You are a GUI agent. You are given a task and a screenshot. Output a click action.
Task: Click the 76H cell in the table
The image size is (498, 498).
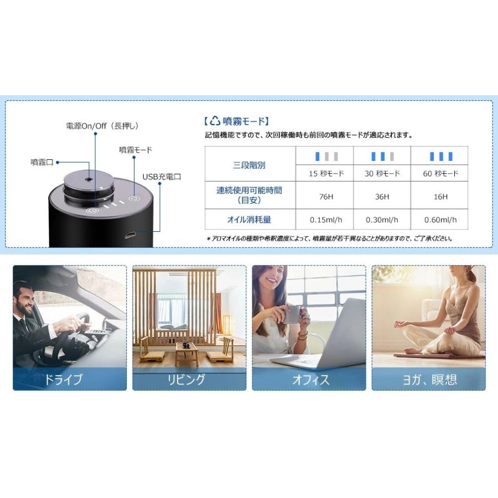pos(326,196)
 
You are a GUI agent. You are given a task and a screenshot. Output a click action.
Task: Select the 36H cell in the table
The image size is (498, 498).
pos(382,196)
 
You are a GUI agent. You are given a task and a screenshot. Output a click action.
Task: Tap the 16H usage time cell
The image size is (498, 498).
pos(440,196)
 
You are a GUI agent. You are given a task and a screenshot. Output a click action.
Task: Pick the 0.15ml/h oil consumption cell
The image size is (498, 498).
pos(326,220)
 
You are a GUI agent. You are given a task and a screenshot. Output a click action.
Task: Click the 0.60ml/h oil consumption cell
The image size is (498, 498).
pos(440,220)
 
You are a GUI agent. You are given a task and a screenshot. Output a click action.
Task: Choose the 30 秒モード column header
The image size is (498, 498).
pos(382,173)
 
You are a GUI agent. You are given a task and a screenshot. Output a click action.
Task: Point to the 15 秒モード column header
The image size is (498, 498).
pos(326,173)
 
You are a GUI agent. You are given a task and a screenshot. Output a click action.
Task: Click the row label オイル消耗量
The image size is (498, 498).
pos(249,220)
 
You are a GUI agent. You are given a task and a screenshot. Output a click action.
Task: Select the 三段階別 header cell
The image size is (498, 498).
pos(249,165)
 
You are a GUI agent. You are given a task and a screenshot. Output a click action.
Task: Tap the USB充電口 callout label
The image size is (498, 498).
pos(162,177)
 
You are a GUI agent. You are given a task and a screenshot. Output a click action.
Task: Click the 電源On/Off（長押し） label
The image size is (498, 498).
pos(102,126)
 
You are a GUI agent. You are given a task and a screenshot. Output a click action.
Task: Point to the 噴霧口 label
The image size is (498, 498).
pos(42,162)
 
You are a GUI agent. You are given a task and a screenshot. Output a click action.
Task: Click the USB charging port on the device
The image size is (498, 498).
pos(129,236)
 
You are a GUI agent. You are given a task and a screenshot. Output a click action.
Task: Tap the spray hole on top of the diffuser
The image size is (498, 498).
pos(89,179)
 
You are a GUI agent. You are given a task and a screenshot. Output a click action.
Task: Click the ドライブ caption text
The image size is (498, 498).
pos(63,379)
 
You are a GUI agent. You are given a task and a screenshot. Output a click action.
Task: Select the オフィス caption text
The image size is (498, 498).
pos(310,380)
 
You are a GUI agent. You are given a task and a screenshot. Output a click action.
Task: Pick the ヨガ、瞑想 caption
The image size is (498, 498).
pos(429,380)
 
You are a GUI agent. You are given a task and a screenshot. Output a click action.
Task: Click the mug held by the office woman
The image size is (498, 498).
pos(292,314)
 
